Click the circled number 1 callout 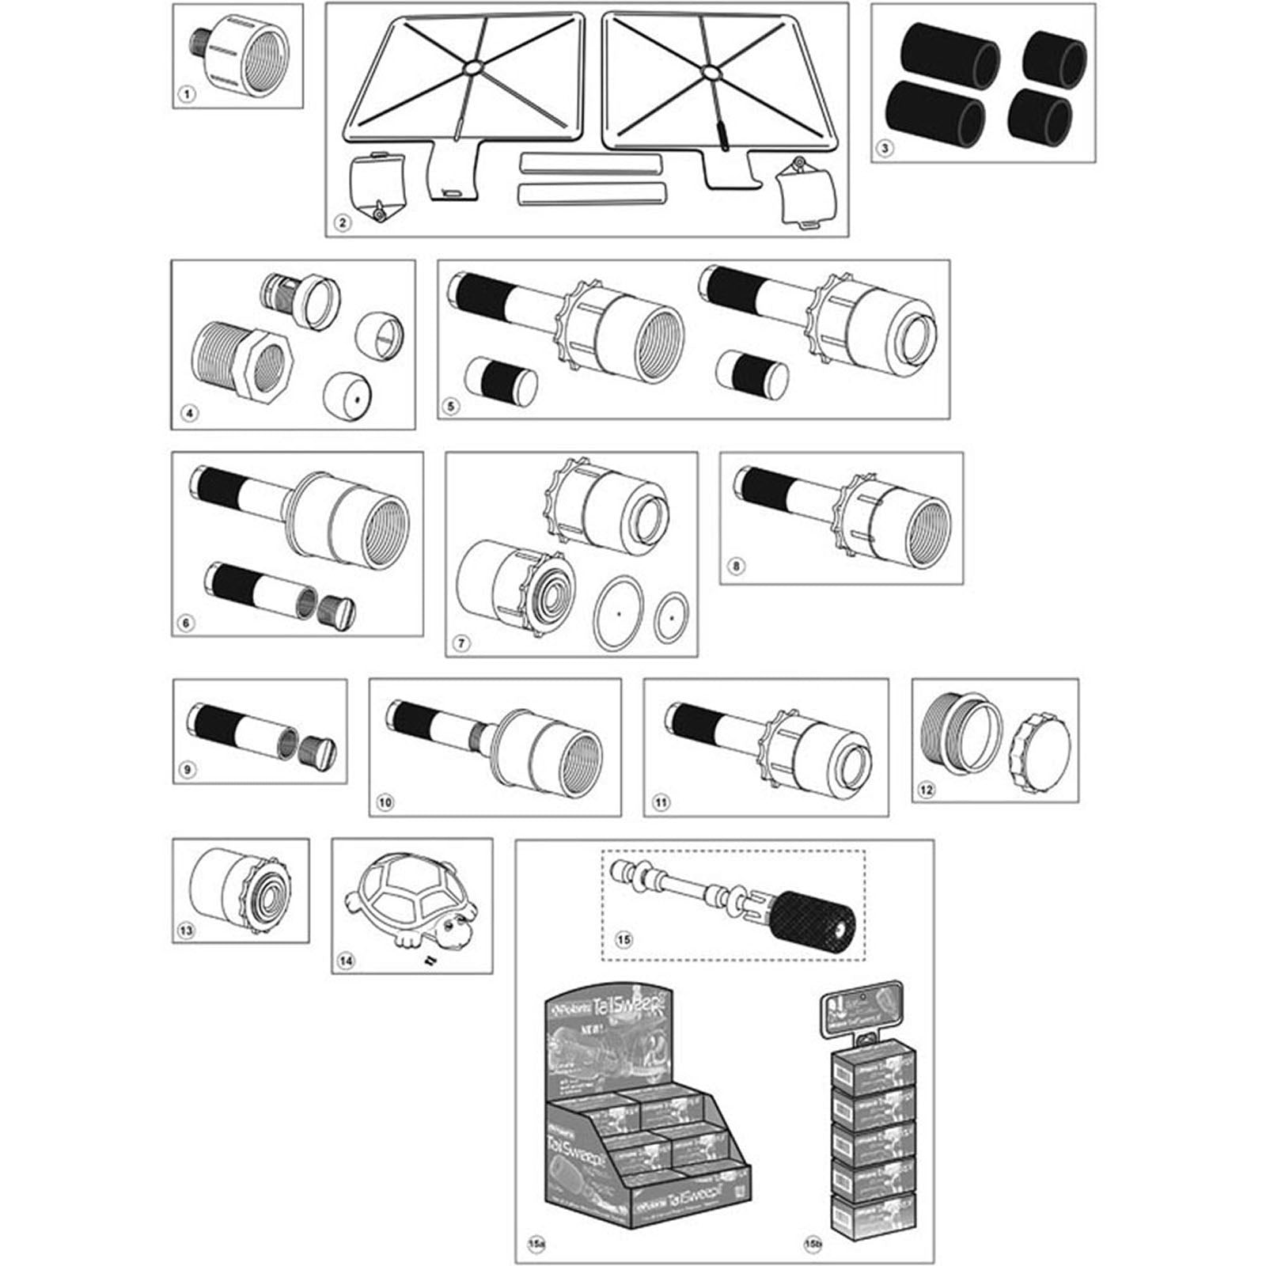(x=187, y=95)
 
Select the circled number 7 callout (x=461, y=642)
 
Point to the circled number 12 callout (x=926, y=789)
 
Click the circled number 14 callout (x=346, y=961)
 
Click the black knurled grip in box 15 (x=815, y=921)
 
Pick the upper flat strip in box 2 (x=589, y=163)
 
